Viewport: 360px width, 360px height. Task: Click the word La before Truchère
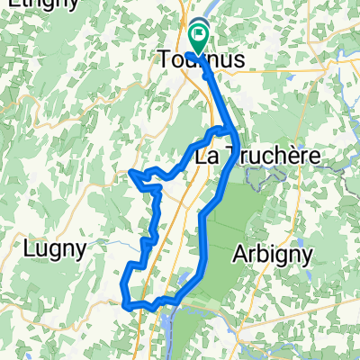click(208, 156)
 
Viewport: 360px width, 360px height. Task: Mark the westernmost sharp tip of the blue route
click(131, 171)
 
